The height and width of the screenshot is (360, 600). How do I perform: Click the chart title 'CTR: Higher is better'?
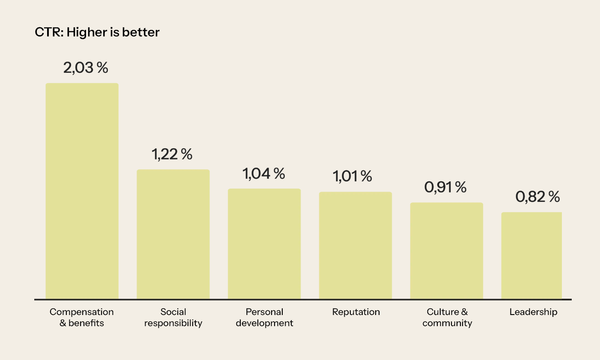point(97,33)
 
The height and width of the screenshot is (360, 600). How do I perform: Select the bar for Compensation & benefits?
point(82,191)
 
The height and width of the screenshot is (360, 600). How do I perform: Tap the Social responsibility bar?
point(173,234)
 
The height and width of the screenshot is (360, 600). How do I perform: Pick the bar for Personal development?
point(264,244)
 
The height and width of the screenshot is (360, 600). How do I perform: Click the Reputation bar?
point(355,245)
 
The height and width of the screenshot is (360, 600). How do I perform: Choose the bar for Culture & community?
point(447,251)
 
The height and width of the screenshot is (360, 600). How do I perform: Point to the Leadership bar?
point(531,255)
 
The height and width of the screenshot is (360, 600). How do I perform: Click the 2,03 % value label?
point(86,68)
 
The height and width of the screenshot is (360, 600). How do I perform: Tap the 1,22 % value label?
point(172,154)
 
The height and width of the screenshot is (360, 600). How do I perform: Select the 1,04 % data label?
point(263,174)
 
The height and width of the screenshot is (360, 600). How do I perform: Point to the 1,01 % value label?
point(352,177)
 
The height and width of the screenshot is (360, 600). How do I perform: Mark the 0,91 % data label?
point(445,187)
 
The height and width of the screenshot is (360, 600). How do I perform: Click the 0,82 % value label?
point(537,197)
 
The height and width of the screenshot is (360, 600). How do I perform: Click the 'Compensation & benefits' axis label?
point(82,318)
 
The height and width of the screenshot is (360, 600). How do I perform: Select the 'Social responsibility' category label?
point(173,318)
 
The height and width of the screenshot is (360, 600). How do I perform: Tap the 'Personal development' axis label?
point(264,318)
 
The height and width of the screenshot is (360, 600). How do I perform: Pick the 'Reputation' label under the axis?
point(356,312)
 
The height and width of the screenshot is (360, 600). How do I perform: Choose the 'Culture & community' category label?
point(447,318)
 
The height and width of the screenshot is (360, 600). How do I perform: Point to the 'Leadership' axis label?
point(533,312)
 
